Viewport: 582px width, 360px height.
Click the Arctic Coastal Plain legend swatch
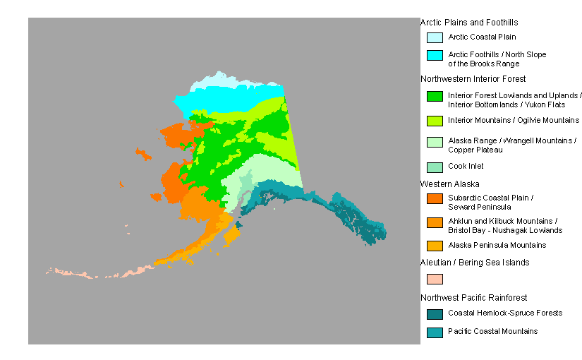(x=435, y=37)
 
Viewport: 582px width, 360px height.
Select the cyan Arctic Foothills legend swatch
(x=435, y=55)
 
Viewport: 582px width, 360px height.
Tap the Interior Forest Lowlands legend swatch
(x=435, y=96)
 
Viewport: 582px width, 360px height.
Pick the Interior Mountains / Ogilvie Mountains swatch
(x=435, y=120)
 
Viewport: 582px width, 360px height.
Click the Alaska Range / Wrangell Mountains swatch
(x=435, y=142)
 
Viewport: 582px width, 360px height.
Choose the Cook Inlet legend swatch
(x=435, y=167)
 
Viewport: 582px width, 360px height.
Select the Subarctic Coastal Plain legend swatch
(x=435, y=198)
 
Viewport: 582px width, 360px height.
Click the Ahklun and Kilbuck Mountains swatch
(x=435, y=222)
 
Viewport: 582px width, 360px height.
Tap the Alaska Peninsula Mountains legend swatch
(x=435, y=246)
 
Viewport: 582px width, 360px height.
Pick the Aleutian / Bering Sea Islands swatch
(x=435, y=279)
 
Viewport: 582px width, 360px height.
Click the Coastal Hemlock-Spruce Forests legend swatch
(x=435, y=313)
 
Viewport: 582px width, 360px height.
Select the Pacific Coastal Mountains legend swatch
(x=435, y=332)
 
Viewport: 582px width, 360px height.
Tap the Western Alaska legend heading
(x=449, y=184)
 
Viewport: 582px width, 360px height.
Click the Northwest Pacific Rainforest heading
(x=473, y=297)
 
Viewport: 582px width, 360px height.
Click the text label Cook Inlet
(x=466, y=167)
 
